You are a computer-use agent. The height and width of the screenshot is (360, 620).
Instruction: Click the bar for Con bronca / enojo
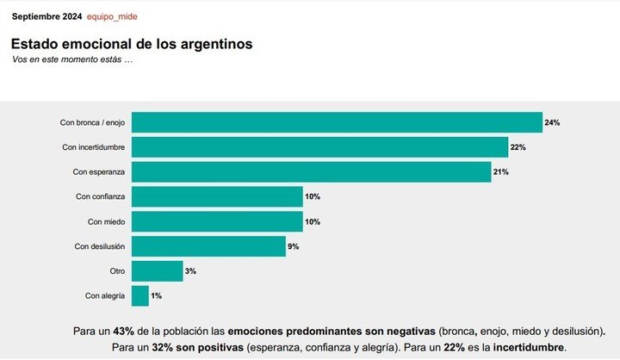coord(336,122)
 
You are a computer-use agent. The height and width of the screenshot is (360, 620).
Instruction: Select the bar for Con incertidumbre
coord(319,147)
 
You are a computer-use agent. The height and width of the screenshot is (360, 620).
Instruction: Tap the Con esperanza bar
coord(310,172)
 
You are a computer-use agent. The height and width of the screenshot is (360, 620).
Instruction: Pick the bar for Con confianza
coord(216,196)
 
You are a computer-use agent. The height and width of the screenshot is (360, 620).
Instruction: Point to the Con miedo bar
coord(216,221)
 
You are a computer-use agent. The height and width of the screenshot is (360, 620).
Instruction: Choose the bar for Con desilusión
coord(208,246)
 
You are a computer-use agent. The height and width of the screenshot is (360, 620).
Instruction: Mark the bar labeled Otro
coord(156,271)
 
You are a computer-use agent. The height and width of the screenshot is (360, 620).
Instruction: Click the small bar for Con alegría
coord(139,295)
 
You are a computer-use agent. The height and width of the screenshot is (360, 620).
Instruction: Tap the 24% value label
coord(552,123)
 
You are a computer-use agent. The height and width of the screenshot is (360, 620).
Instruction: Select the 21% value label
coord(501,172)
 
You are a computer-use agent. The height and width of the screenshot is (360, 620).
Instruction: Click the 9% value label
coord(293,246)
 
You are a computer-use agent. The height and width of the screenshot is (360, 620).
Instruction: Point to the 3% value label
coord(189,271)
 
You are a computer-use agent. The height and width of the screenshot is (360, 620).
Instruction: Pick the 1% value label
coord(156,295)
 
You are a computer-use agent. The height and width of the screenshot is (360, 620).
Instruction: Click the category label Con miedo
coord(106,221)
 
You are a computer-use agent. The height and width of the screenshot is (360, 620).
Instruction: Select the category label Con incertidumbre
coord(94,147)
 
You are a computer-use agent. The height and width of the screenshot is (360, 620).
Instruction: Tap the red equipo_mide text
coord(112,16)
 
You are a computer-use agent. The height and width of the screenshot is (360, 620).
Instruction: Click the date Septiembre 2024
coord(46,16)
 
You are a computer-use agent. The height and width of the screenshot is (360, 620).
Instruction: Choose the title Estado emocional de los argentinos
coord(132,43)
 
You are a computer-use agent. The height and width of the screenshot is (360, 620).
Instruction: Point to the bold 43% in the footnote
coord(124,331)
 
